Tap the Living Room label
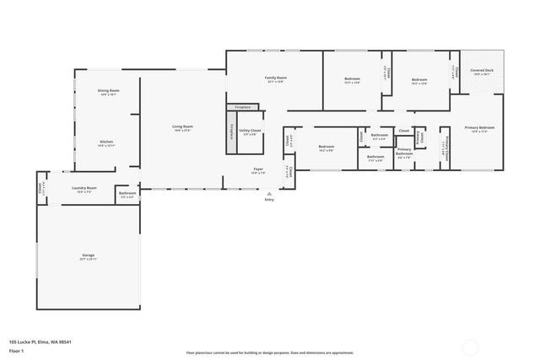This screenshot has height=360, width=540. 183,127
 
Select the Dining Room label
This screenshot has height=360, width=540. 108,91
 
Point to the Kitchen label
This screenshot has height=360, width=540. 106,142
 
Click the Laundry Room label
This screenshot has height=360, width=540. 84,189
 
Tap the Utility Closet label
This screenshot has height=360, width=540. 251,132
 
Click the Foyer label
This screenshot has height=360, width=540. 258,170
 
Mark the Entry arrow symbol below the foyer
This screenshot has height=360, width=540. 269,193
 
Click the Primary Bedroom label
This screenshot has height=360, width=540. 479,129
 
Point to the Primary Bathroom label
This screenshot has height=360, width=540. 404,151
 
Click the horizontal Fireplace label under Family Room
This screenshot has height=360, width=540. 243,108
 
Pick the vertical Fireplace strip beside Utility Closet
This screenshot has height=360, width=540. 232,132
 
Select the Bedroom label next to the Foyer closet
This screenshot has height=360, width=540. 327,148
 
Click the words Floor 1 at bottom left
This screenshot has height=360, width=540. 16,350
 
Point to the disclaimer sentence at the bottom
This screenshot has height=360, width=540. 269,352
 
